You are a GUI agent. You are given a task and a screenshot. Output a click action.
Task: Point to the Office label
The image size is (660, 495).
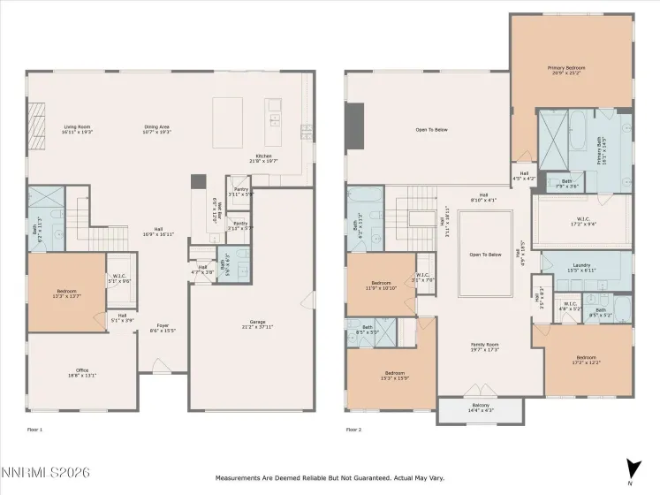coord(83,372)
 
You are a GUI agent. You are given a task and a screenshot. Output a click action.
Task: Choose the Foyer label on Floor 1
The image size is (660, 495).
coord(163,328)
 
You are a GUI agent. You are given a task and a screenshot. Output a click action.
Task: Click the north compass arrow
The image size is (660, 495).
coord(630,469)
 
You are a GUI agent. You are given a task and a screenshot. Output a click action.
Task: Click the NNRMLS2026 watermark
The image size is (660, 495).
coord(46,475)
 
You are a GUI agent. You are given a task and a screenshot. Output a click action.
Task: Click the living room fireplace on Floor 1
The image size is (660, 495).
coord(37,115)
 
